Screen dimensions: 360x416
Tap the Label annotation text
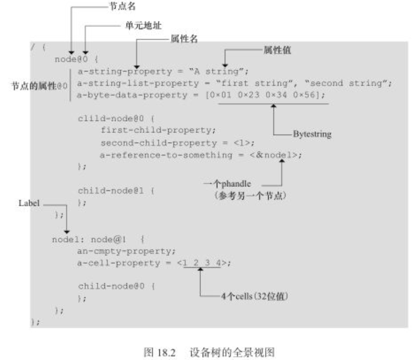tap(28, 203)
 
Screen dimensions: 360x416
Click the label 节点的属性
tap(34, 85)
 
